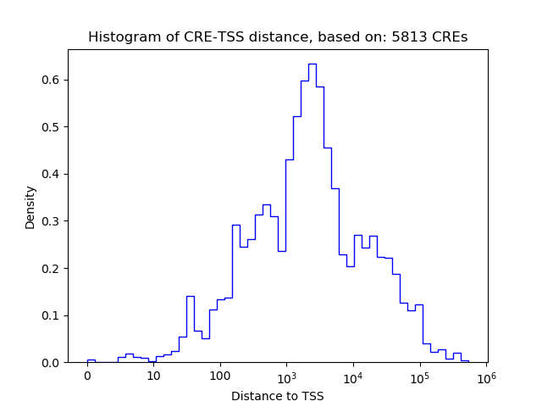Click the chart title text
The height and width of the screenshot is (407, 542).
(x=278, y=37)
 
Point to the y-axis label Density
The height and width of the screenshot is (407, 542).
(x=30, y=206)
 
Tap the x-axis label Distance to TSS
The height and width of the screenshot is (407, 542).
(x=278, y=395)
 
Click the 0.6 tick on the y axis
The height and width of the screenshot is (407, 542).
(x=53, y=81)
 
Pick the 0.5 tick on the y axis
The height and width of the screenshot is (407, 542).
(x=53, y=127)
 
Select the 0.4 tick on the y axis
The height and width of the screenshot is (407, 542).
(x=53, y=175)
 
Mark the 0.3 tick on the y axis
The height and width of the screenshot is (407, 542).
(x=53, y=221)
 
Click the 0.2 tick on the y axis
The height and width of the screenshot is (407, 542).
(x=53, y=269)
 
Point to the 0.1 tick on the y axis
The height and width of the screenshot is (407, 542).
(x=53, y=315)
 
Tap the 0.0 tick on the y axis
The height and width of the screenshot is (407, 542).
(x=53, y=363)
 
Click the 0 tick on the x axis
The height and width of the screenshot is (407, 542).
(x=87, y=376)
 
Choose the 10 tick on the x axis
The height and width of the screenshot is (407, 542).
(x=153, y=376)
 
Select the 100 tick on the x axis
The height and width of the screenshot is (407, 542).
(x=220, y=376)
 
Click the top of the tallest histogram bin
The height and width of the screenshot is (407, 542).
(x=312, y=64)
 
